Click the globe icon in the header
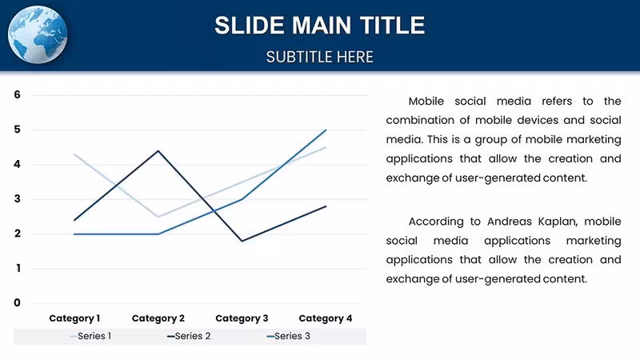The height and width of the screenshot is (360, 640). (38, 34)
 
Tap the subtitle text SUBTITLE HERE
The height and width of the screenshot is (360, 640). (319, 57)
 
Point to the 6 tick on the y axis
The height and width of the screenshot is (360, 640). (17, 94)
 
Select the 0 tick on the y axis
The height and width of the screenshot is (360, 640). (17, 303)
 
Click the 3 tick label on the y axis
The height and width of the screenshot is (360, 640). (17, 198)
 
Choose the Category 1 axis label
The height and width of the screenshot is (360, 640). (74, 318)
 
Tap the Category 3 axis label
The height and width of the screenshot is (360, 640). (242, 318)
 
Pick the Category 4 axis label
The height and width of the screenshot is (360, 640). (326, 318)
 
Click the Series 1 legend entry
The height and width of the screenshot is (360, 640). (90, 336)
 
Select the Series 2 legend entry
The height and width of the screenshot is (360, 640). (189, 336)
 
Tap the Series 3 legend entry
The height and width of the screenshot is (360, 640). (289, 336)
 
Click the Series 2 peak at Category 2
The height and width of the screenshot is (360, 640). (158, 150)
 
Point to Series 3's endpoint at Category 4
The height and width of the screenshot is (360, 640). (326, 130)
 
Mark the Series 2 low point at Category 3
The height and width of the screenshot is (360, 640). (242, 241)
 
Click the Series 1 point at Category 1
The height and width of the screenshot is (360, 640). (74, 154)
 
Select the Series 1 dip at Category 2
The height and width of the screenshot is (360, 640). (158, 217)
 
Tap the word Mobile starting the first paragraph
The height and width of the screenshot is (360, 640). (426, 102)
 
